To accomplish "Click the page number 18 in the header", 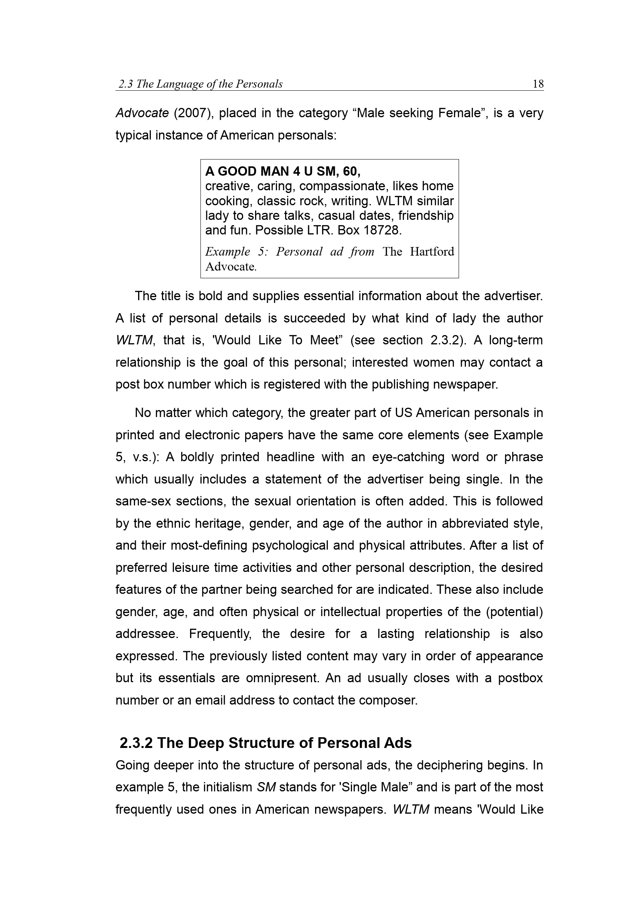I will [x=538, y=84].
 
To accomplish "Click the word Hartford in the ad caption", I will [x=432, y=251].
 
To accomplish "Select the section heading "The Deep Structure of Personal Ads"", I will [x=284, y=743].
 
